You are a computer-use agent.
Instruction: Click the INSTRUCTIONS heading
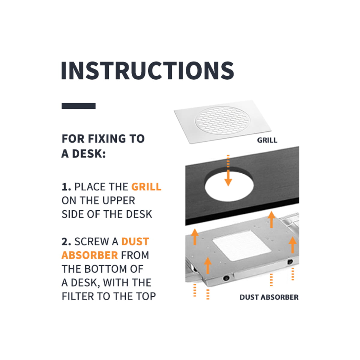tap(148, 70)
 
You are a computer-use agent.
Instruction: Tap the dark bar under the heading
tap(79, 106)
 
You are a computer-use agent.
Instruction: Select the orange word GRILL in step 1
tap(146, 187)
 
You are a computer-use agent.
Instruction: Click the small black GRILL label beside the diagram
tap(267, 140)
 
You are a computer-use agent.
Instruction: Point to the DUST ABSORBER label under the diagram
tap(269, 297)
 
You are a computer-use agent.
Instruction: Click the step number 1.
tap(66, 187)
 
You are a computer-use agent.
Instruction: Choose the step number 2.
tap(66, 241)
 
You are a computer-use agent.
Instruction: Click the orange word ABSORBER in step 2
tap(90, 255)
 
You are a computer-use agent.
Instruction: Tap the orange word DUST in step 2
tap(135, 241)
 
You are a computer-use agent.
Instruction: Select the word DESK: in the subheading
tap(89, 154)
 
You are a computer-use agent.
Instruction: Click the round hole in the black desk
tap(229, 187)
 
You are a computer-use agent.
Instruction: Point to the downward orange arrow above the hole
tap(228, 170)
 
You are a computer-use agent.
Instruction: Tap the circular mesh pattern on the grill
tap(223, 120)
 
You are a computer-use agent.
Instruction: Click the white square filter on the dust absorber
tap(241, 246)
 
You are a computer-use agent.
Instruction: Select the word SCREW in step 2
tap(91, 241)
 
